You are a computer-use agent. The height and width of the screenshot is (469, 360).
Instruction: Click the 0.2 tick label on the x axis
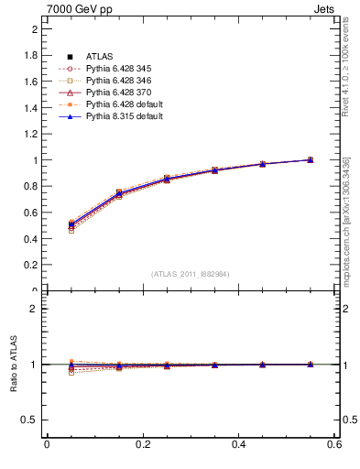coord(142,444)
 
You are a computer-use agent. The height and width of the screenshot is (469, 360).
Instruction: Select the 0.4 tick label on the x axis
coord(238,444)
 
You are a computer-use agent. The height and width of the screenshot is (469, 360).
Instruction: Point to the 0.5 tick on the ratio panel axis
coord(30,420)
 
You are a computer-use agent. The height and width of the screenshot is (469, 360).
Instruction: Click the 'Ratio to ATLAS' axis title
coord(14,364)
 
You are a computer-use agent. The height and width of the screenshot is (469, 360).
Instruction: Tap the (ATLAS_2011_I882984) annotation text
coord(191,274)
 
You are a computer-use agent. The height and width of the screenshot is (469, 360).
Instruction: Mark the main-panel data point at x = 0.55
coord(311,159)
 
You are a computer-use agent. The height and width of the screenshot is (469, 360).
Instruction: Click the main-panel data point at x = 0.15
coord(118,193)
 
